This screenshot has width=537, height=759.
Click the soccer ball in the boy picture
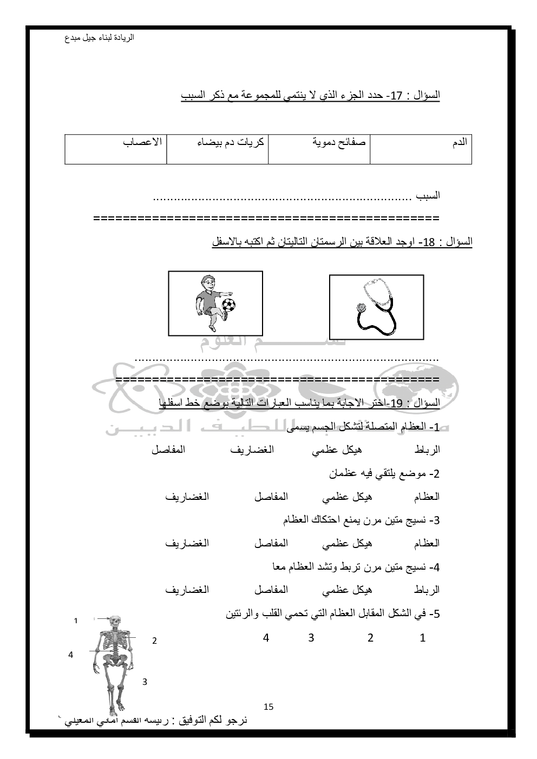coord(229,305)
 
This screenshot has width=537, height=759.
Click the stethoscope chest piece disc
coord(361,307)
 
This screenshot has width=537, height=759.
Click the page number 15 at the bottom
coord(268,707)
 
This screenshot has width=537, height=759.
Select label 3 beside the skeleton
coord(145,682)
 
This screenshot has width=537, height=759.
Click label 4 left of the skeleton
coord(70,655)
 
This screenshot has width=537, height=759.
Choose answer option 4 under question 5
coord(266,638)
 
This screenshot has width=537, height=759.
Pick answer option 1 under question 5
coord(423,638)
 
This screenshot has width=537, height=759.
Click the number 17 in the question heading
coord(397,96)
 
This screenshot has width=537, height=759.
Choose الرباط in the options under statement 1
coord(427,450)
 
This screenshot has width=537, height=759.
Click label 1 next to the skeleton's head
coord(76,621)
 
